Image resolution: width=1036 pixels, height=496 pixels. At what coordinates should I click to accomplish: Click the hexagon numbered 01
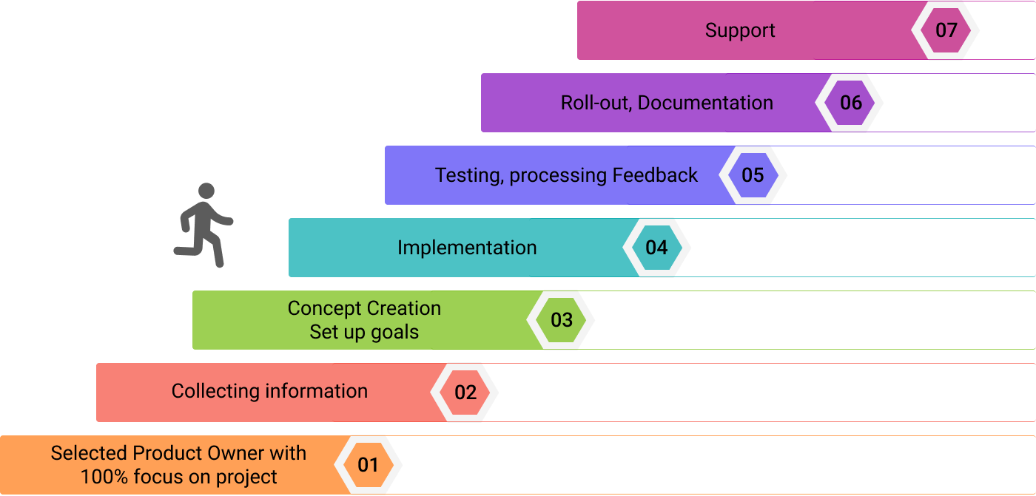[368, 465]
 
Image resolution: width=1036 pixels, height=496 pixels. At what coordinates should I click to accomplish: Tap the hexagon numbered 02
[465, 393]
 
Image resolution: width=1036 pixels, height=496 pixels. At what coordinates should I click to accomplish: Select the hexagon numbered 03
[561, 320]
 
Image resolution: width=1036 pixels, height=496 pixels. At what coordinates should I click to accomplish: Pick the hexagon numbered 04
[656, 248]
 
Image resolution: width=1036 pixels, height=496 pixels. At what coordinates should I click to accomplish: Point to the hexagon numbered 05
[753, 175]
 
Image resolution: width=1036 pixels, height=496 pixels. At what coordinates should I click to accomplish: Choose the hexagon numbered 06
[850, 103]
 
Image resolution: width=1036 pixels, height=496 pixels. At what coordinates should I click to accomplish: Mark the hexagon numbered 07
[946, 30]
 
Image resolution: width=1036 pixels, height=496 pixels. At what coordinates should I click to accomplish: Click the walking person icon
[203, 225]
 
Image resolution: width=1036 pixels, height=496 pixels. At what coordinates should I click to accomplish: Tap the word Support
[740, 30]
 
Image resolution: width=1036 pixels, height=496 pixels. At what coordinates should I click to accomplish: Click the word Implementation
[467, 248]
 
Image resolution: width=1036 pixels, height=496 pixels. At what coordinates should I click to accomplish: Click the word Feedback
[655, 175]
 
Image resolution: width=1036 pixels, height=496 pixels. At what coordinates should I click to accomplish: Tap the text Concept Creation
[364, 308]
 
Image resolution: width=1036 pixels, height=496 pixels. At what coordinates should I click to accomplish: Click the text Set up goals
[364, 332]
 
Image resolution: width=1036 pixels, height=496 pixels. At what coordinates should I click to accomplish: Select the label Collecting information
[269, 391]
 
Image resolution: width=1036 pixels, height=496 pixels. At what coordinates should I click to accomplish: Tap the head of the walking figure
[206, 191]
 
